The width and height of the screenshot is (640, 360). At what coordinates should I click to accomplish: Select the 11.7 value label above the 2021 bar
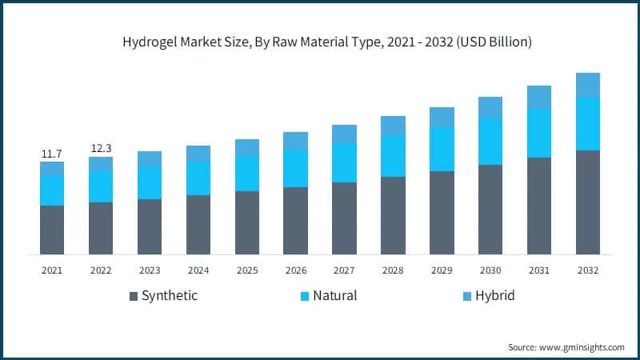52,153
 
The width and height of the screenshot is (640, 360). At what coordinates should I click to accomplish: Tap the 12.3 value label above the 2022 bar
101,148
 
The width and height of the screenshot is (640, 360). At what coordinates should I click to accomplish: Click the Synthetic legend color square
134,297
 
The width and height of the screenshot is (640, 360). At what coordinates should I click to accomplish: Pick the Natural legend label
334,296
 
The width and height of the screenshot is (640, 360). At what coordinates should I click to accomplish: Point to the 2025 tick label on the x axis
246,270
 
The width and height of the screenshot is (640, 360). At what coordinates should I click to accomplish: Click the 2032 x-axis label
587,270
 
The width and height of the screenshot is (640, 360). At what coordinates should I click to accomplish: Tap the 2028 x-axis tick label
393,270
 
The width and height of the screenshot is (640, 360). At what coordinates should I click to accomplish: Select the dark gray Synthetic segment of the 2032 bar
587,202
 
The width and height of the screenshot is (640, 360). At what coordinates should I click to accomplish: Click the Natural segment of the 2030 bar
490,142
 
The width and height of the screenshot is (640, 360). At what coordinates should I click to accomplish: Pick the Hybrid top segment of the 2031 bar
538,97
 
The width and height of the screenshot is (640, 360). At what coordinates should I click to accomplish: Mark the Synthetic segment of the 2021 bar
52,230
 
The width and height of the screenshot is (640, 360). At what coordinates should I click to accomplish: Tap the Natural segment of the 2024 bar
198,178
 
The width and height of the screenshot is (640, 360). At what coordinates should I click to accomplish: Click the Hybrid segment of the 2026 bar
295,141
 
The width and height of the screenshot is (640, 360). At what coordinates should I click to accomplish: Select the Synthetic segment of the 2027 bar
344,218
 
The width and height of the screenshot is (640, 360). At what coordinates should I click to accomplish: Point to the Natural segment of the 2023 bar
150,182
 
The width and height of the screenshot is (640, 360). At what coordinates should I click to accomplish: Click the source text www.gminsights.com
566,347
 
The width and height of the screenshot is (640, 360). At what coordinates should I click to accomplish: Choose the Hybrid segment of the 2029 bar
442,117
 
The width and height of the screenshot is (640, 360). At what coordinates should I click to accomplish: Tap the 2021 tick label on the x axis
52,270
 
